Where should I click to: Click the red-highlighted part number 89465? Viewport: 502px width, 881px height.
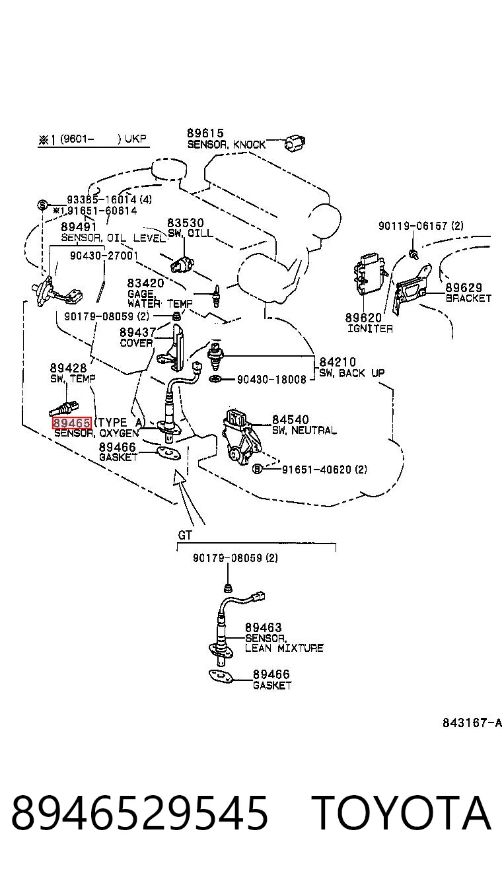tap(72, 423)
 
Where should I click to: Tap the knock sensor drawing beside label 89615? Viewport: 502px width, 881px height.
tap(295, 143)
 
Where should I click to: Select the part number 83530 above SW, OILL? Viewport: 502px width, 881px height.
tap(186, 223)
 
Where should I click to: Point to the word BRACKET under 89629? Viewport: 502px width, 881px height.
tap(468, 298)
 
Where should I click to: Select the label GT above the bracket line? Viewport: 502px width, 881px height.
tap(185, 535)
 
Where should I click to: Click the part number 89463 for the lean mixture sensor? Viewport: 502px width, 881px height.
tap(263, 627)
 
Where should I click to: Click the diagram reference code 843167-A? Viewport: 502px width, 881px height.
tap(472, 723)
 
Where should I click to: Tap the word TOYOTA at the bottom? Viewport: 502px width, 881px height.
tap(402, 813)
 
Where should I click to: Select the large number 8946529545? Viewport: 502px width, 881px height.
tap(139, 813)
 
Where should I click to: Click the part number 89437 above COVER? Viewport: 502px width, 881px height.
tap(137, 332)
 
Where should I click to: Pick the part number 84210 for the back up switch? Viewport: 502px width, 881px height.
tap(337, 362)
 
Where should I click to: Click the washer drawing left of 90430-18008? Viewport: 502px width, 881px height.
tap(215, 379)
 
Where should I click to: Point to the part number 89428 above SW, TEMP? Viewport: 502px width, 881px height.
tap(68, 368)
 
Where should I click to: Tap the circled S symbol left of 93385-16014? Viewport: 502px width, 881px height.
tap(42, 205)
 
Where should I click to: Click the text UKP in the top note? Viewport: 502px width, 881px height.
tap(135, 139)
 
